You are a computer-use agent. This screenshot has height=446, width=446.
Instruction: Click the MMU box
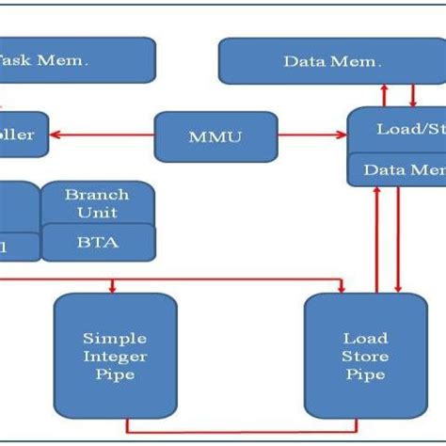click(x=215, y=136)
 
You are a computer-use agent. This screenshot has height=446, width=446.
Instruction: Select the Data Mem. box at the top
click(x=331, y=61)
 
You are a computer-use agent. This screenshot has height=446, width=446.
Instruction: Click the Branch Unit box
click(x=97, y=203)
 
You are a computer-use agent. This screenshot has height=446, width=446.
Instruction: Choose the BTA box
click(x=97, y=243)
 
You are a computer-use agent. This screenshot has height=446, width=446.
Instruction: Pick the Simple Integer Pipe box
click(x=115, y=356)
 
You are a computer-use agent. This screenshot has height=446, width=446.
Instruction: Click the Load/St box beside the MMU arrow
click(x=396, y=129)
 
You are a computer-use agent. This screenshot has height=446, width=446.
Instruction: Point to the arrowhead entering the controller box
click(x=55, y=135)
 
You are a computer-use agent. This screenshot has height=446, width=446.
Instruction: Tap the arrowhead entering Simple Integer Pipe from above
click(x=113, y=289)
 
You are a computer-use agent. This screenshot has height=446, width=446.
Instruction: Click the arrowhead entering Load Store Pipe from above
click(x=342, y=289)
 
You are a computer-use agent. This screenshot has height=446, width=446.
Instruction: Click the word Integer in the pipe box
click(x=115, y=356)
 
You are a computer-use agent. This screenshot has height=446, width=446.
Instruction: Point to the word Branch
click(x=97, y=194)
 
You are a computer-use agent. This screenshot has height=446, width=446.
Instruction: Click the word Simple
click(x=115, y=337)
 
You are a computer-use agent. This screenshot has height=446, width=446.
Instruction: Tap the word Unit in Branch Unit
click(x=97, y=212)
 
